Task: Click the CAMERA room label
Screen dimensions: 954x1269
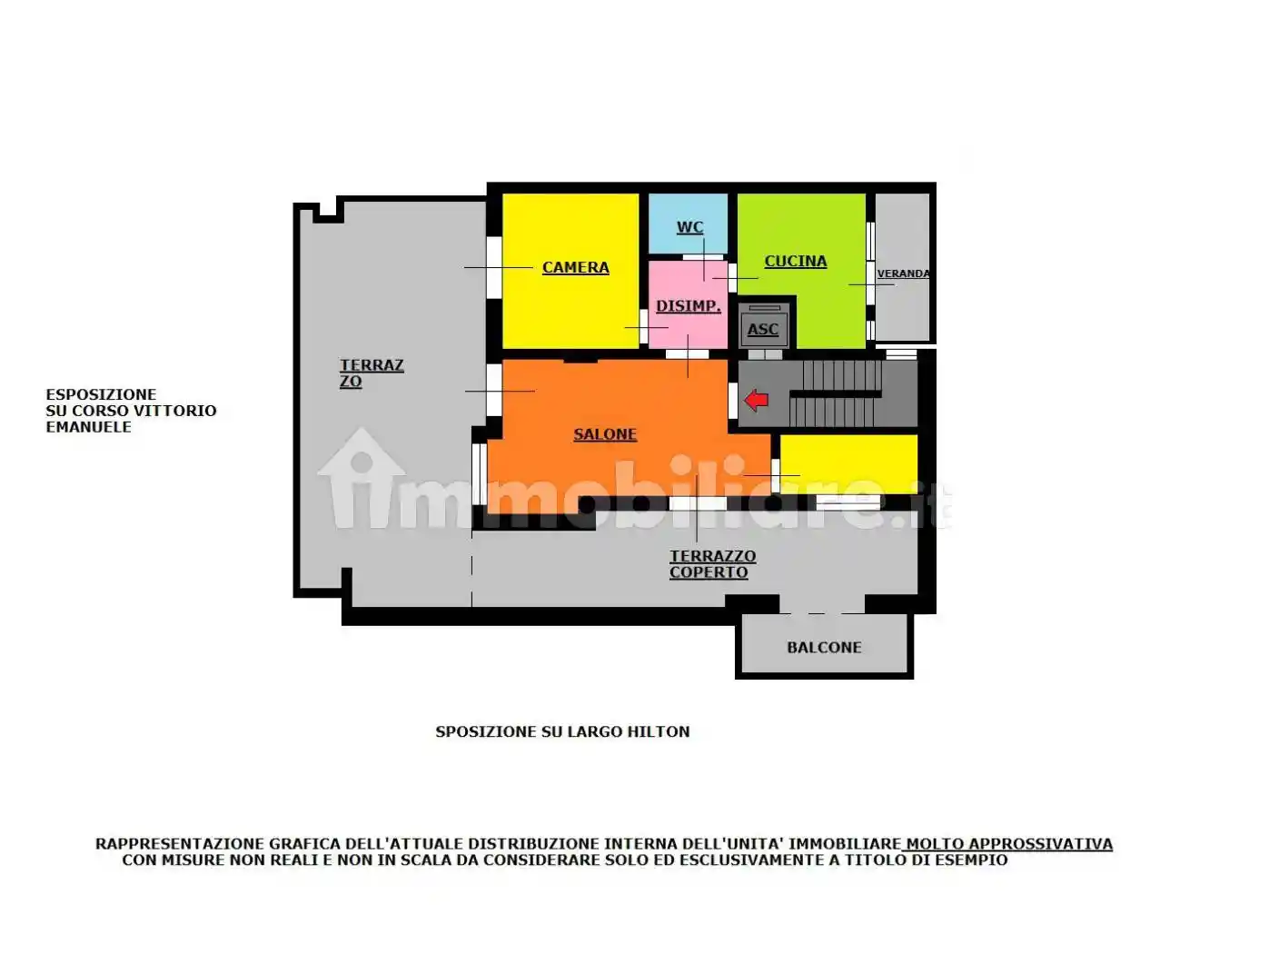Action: click(x=575, y=267)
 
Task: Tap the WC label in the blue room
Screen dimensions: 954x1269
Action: click(x=689, y=227)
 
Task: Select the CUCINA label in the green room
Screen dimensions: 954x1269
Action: click(x=795, y=262)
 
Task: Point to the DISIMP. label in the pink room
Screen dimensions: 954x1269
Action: click(x=688, y=306)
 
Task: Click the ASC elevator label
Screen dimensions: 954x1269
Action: click(x=763, y=330)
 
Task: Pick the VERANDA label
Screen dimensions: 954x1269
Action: click(x=903, y=273)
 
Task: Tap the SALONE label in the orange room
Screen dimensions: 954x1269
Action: click(x=605, y=434)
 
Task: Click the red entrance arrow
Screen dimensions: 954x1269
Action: click(x=756, y=400)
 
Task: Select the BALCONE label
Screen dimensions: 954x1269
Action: click(x=824, y=647)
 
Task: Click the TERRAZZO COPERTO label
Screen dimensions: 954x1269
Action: click(x=712, y=564)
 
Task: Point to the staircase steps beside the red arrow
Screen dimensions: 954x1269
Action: click(x=836, y=393)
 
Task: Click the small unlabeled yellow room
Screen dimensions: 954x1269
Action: click(x=848, y=463)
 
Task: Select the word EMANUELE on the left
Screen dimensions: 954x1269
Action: click(x=88, y=427)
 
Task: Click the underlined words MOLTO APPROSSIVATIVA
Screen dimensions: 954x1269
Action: click(x=1008, y=844)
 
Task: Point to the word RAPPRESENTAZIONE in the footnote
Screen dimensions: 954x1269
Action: click(x=180, y=844)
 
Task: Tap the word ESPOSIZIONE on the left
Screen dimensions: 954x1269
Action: click(x=101, y=394)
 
